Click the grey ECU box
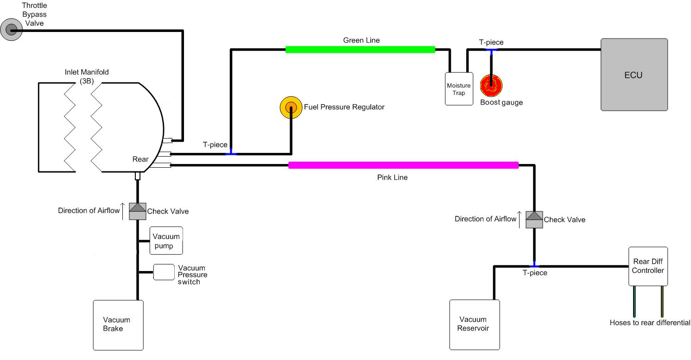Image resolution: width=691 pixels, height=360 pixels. pos(634,75)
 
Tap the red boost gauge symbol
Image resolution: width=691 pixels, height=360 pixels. pos(491,86)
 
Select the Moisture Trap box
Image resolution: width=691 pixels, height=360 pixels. pos(458,88)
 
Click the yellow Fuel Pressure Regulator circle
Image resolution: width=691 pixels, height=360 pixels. pos(291,107)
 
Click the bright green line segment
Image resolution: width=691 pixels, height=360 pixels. pos(360,50)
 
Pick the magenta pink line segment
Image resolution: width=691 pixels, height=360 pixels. pos(403,165)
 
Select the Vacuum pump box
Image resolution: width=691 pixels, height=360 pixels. pos(166,241)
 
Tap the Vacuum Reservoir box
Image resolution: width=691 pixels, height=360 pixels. pos(475,324)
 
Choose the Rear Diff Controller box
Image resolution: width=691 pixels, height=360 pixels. pos(648,266)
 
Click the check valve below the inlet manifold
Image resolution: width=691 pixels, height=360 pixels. pos(137,211)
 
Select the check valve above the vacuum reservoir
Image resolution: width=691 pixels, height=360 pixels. pos(534,220)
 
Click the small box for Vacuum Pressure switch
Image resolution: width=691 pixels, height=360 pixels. pos(163,272)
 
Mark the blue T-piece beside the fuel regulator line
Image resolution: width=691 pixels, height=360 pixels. pos(231,153)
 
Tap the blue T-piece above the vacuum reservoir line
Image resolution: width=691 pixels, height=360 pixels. pos(534,265)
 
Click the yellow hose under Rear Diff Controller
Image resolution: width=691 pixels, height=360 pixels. pos(662,301)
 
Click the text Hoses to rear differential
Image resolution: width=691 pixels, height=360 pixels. pos(650,323)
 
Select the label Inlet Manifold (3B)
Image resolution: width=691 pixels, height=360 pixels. pos(87,76)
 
